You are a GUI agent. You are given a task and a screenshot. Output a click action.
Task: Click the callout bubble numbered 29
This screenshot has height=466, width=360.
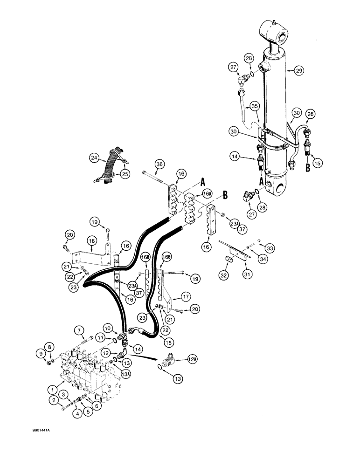coord(299,70)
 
